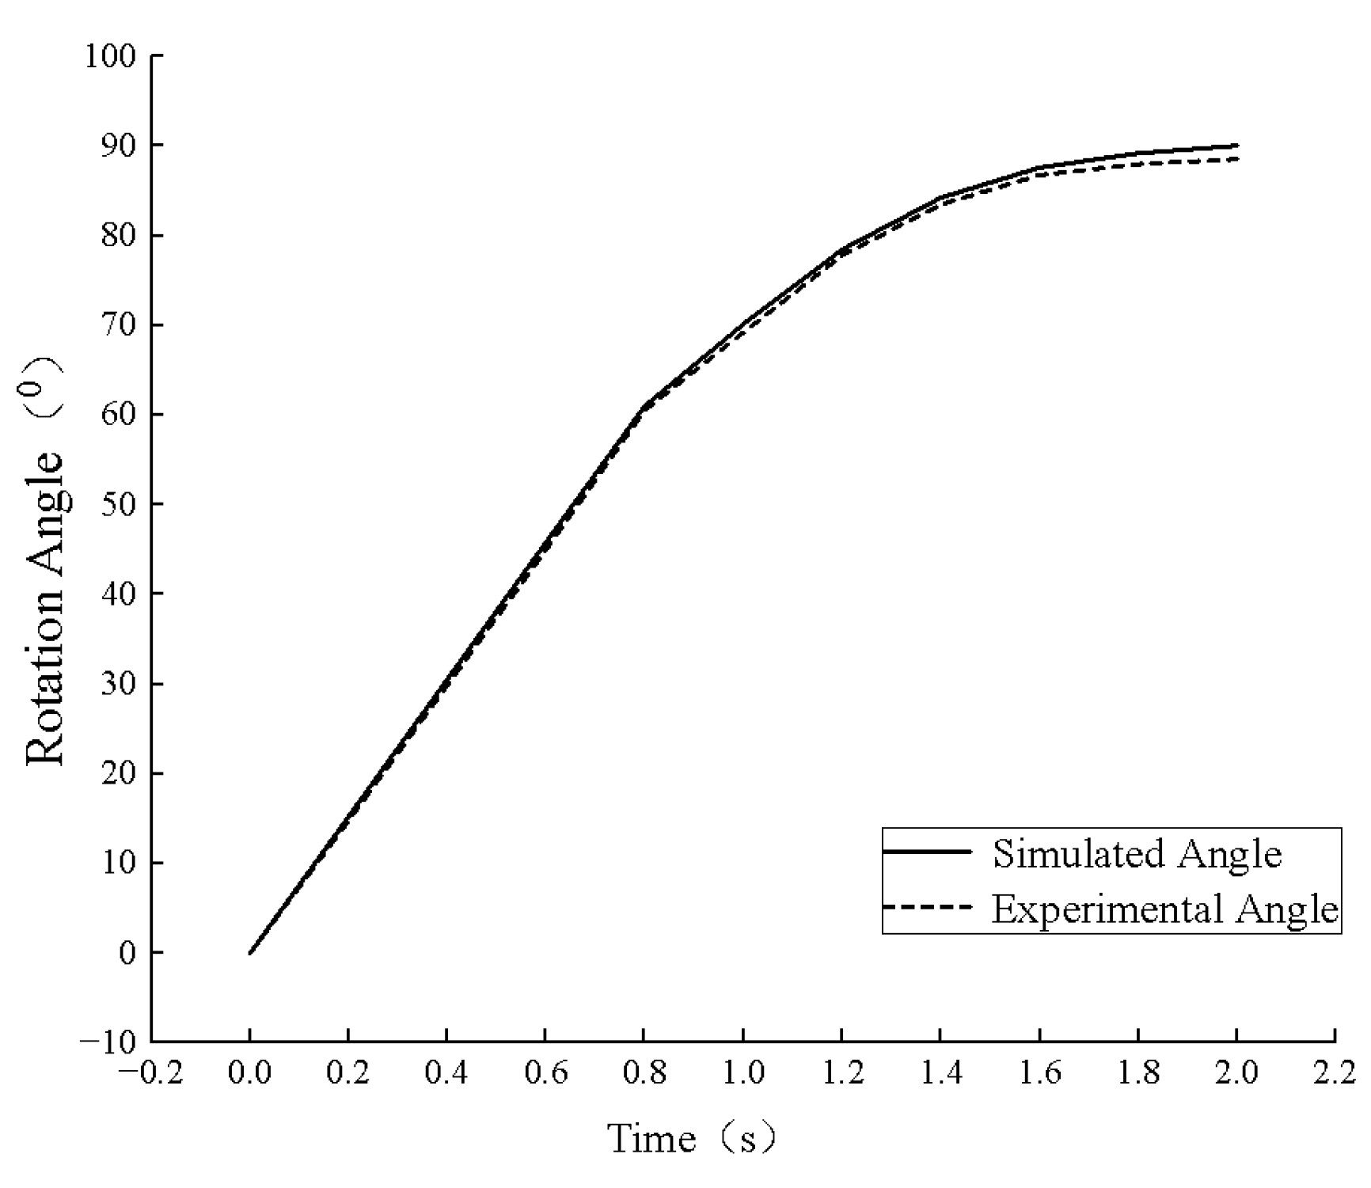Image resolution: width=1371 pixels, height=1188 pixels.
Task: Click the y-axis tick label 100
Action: coord(110,56)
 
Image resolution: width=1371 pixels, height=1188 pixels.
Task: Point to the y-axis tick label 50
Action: coord(118,504)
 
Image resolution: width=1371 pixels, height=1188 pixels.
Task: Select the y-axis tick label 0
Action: coord(127,952)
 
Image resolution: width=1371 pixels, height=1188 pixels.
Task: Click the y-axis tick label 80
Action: coord(118,236)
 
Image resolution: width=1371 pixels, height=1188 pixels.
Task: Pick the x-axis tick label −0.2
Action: coord(150,1073)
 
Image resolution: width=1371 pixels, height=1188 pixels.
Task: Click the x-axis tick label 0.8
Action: coord(644,1073)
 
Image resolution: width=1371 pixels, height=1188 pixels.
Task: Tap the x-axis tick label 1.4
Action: coord(940,1073)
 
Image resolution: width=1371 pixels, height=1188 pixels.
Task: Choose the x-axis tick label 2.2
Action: coord(1335,1073)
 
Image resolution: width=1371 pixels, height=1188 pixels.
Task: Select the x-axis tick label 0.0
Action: coord(249,1073)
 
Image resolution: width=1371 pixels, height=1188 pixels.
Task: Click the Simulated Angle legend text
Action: coord(1137,854)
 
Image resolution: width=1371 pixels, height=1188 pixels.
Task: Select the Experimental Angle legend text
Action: coord(1165,909)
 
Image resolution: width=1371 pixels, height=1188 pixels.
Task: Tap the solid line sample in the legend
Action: coord(926,852)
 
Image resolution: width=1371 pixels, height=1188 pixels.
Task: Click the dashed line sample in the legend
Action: coord(926,907)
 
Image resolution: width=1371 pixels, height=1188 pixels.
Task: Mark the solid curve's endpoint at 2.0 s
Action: coord(1236,146)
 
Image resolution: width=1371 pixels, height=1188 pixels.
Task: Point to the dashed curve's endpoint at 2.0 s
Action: coord(1236,159)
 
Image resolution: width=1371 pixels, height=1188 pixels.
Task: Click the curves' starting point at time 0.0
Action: coord(249,953)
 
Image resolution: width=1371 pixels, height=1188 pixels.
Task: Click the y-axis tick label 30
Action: coord(118,684)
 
